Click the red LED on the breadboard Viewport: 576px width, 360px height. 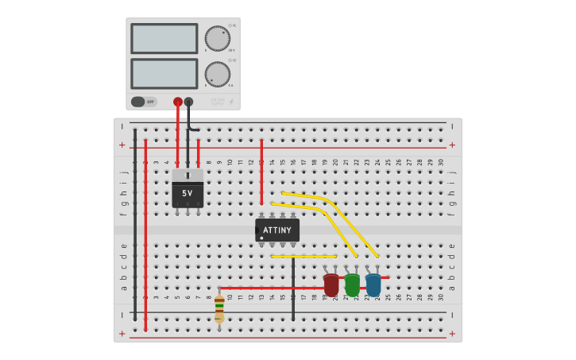331,285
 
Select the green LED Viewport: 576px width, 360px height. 352,285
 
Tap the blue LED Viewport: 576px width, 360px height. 373,285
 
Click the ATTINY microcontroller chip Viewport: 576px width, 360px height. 277,230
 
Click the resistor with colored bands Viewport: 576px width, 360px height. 219,307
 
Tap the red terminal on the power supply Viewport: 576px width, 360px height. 178,102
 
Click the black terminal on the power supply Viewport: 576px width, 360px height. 188,102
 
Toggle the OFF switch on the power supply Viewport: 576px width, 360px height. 144,102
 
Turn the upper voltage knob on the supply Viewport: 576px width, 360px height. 217,38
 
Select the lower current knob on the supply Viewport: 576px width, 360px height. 217,74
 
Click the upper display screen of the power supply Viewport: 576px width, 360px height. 164,38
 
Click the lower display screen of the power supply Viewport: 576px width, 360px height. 164,74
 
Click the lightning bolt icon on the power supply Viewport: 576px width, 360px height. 231,102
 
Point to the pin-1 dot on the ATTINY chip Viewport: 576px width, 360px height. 261,238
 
